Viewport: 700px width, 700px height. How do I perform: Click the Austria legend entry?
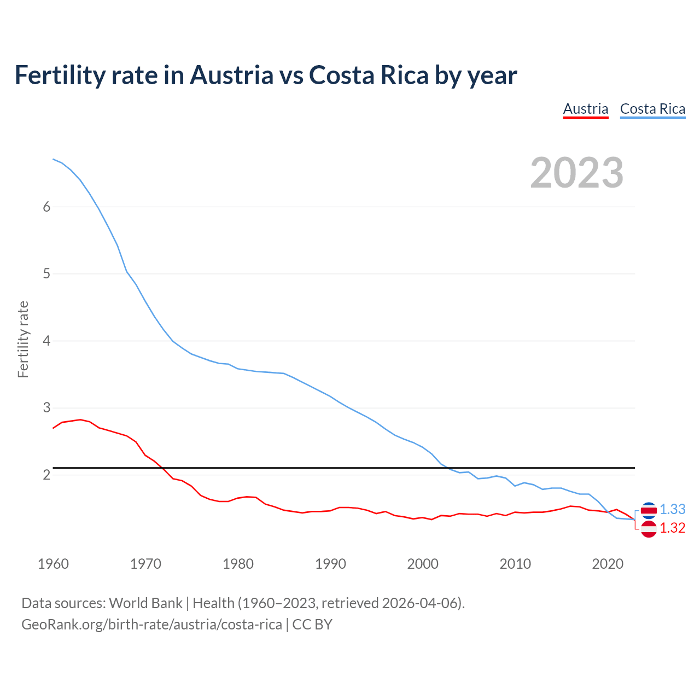point(586,109)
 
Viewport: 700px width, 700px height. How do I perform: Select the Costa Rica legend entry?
point(652,109)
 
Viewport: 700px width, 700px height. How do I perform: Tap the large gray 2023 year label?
point(577,173)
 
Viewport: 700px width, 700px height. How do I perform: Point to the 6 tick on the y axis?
point(46,207)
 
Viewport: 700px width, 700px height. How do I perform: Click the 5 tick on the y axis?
point(46,273)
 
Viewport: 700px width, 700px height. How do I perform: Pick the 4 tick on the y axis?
point(46,341)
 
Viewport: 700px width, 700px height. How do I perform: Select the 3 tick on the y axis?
point(46,407)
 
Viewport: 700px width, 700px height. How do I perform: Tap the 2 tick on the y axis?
point(46,475)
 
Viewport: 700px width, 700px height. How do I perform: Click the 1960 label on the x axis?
point(53,564)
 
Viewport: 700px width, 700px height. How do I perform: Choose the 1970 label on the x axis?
point(145,564)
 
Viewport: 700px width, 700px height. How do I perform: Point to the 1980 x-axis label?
point(238,564)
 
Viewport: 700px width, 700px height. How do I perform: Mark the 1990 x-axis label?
point(330,564)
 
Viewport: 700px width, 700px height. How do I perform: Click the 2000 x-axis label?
point(423,564)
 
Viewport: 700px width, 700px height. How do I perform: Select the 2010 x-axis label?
point(515,564)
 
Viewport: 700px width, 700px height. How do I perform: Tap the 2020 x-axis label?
point(608,564)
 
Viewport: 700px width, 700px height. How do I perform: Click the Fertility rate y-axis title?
point(23,339)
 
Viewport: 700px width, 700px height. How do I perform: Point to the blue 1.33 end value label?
point(672,509)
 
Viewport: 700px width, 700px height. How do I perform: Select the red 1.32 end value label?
point(672,528)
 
